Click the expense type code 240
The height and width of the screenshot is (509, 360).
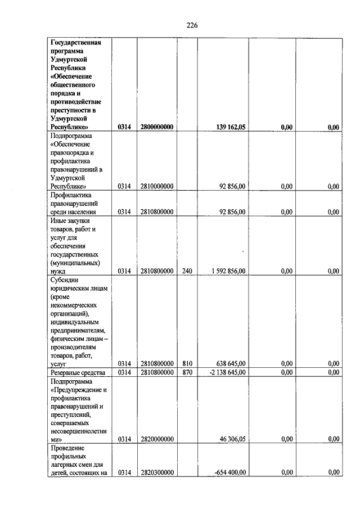pos(187,271)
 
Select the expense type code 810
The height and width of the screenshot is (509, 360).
pos(187,364)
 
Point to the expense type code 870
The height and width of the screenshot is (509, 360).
pos(187,372)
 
